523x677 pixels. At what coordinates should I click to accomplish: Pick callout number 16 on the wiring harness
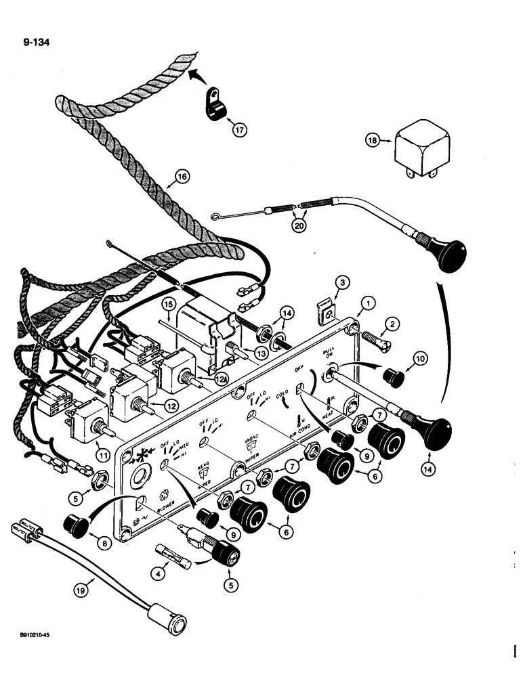tap(181, 177)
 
